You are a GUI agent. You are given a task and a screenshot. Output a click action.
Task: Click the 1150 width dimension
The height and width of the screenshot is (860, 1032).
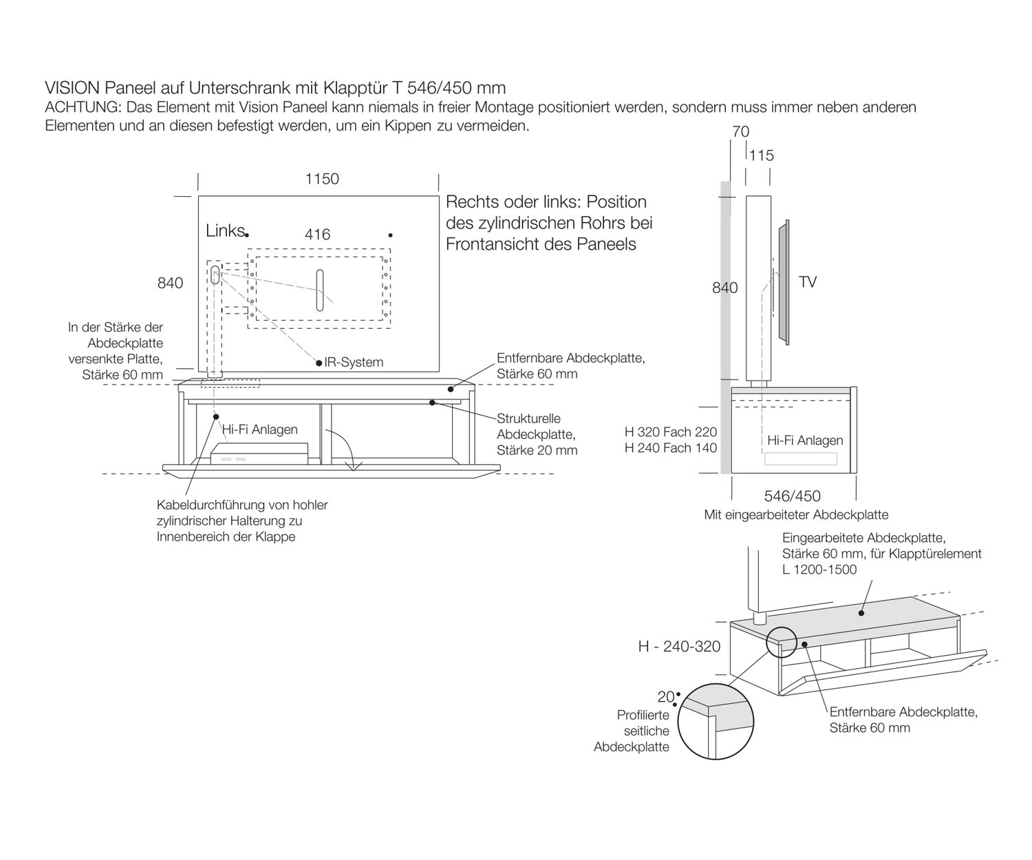tap(322, 179)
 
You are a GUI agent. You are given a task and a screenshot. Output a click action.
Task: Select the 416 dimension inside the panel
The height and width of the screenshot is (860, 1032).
tap(317, 235)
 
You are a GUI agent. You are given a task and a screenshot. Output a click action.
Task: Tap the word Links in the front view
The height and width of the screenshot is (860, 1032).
tap(224, 230)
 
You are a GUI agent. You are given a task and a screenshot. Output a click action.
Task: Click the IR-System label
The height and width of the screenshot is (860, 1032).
tap(354, 363)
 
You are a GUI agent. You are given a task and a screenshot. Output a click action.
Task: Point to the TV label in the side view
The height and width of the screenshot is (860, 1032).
tap(808, 282)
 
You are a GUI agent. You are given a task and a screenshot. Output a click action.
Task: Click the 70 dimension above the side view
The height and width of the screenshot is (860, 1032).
tap(740, 131)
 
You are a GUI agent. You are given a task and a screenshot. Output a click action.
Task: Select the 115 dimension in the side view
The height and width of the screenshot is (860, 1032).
tap(762, 155)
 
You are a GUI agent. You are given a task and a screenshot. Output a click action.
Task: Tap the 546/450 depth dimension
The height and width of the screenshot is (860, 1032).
tap(793, 496)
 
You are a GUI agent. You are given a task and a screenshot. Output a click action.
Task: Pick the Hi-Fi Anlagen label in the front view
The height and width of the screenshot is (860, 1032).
tap(260, 429)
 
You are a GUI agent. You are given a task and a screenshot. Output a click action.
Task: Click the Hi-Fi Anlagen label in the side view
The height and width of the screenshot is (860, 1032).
tap(805, 440)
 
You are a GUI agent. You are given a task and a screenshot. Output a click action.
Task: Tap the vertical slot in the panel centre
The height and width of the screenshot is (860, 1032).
tap(319, 290)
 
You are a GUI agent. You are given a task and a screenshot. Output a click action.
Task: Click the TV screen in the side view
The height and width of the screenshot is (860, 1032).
tap(784, 282)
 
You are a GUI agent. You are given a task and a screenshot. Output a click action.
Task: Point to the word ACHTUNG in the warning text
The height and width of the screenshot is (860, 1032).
tap(82, 107)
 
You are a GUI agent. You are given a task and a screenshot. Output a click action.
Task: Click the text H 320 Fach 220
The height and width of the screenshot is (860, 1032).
tap(670, 432)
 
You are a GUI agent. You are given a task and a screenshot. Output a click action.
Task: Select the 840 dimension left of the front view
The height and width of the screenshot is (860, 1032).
tap(170, 283)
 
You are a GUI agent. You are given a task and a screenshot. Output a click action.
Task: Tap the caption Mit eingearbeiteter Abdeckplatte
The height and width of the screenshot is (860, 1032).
tap(796, 515)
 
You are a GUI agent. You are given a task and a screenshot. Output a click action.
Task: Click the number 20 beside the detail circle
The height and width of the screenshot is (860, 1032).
tap(665, 697)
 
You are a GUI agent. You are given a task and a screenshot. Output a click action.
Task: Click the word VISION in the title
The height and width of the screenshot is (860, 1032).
tap(72, 88)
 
